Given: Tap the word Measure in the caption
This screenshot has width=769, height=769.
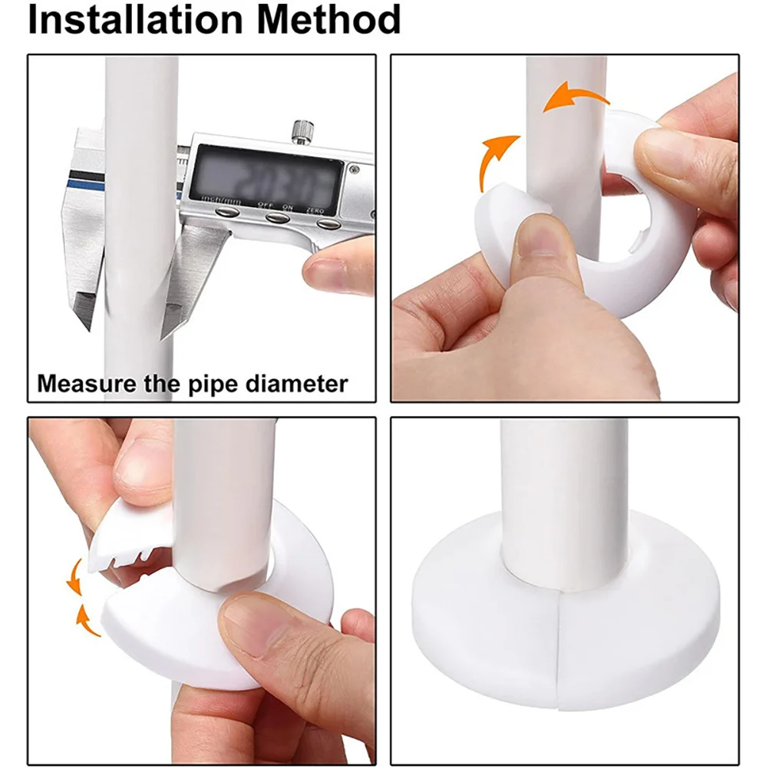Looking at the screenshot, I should [85, 382].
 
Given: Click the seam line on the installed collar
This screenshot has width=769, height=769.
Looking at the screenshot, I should [558, 652].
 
